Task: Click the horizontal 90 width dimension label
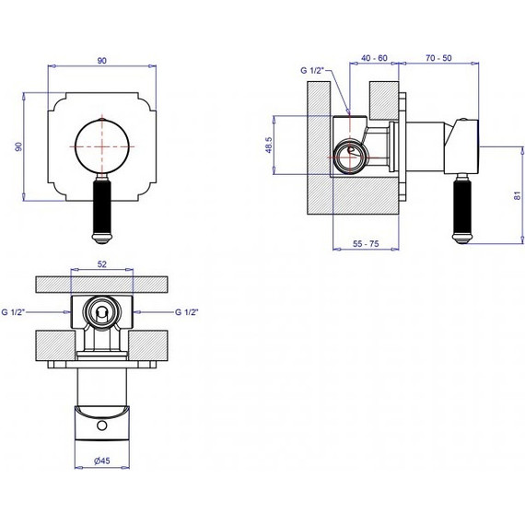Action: pyautogui.click(x=102, y=61)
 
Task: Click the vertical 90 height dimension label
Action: pyautogui.click(x=19, y=146)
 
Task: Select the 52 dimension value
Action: pyautogui.click(x=102, y=264)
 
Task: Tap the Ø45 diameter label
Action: pyautogui.click(x=102, y=461)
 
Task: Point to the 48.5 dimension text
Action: pyautogui.click(x=269, y=145)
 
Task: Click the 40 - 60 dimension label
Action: pyautogui.click(x=374, y=58)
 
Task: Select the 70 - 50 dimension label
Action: pyautogui.click(x=438, y=58)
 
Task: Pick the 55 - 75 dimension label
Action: pyautogui.click(x=366, y=244)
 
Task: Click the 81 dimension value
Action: pyautogui.click(x=518, y=195)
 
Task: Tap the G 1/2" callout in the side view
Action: pyautogui.click(x=313, y=70)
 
